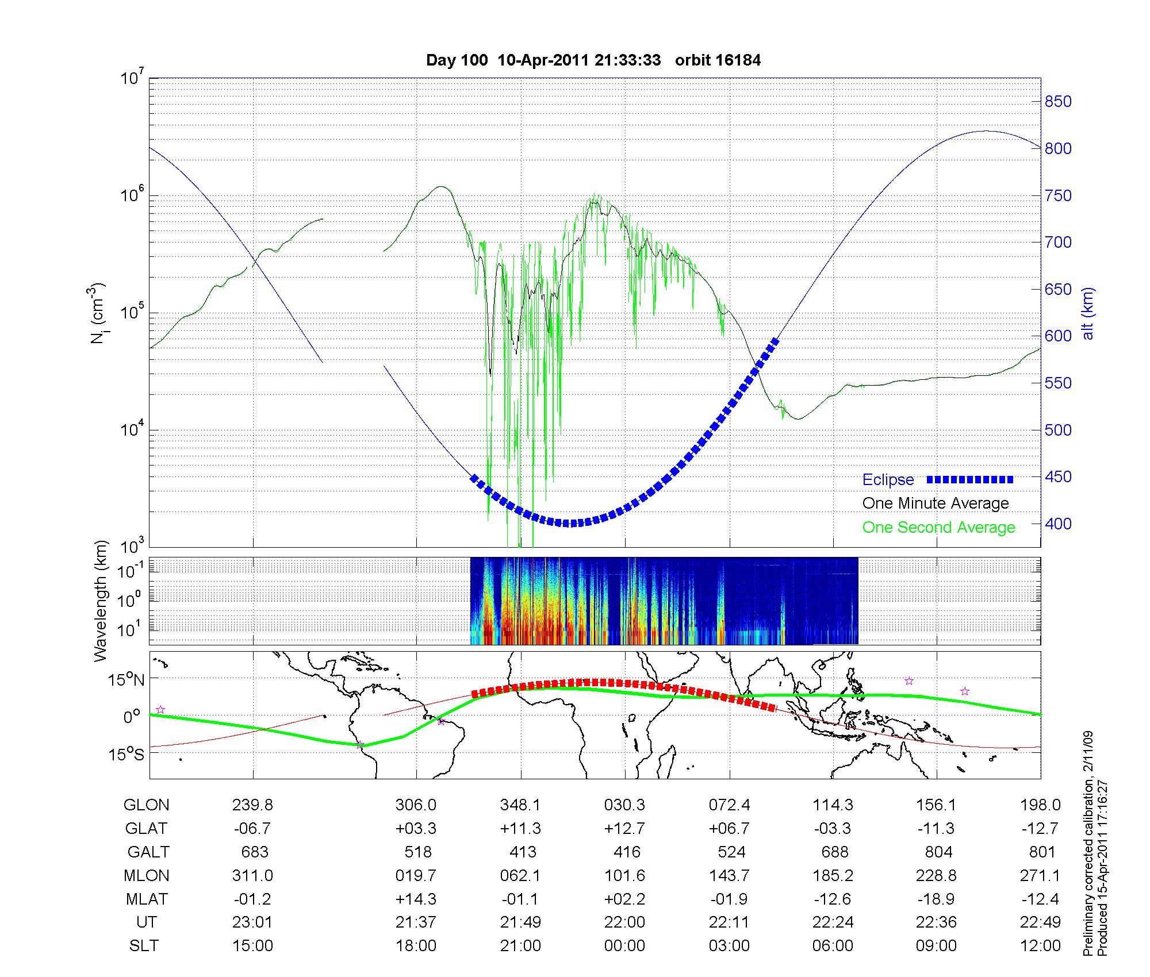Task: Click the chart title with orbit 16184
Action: click(593, 60)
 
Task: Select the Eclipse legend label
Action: click(888, 480)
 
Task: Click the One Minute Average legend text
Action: click(936, 503)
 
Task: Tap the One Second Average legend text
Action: click(938, 528)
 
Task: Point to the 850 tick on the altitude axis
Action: click(1058, 102)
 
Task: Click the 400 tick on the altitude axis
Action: click(1058, 524)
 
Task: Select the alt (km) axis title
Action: click(1088, 313)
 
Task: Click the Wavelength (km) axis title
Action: click(101, 601)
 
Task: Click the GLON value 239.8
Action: click(252, 805)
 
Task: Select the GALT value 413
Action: click(523, 852)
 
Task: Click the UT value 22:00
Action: click(624, 922)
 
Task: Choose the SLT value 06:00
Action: click(833, 945)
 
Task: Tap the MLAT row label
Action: click(147, 899)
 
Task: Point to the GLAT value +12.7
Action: click(624, 829)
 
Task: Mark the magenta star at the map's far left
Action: click(160, 710)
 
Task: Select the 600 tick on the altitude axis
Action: click(1058, 336)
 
